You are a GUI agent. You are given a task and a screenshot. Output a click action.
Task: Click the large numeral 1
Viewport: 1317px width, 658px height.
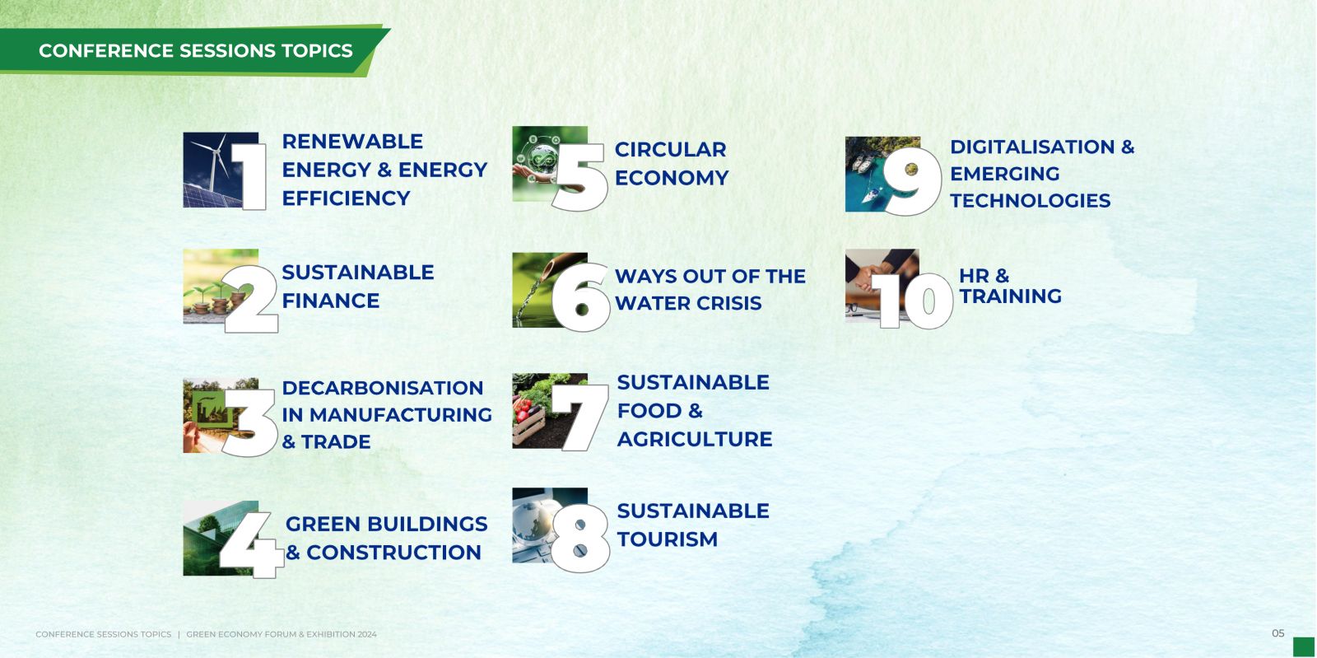coord(250,176)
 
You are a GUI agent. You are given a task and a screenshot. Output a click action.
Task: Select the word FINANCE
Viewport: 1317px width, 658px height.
coord(330,301)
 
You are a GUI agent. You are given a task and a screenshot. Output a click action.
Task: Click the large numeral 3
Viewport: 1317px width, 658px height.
coord(250,422)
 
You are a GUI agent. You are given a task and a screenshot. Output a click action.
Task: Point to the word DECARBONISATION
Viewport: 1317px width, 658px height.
coord(382,388)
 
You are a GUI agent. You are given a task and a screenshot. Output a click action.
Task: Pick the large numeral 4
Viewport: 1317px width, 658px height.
coord(253,544)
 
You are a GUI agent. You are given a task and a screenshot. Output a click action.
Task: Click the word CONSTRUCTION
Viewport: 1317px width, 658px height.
coord(394,553)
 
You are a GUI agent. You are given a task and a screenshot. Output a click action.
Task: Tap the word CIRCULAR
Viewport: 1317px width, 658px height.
coord(670,149)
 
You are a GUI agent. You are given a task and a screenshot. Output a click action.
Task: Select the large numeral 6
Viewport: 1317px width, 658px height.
coord(580,297)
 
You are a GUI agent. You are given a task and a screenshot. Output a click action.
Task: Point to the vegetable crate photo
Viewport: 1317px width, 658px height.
coord(550,411)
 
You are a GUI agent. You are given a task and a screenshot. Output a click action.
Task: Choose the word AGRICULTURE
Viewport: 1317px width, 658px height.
coord(695,439)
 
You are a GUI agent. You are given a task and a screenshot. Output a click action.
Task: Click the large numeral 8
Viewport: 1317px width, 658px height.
coord(580,538)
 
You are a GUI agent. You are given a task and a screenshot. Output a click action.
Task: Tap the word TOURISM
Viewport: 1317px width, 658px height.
coord(668,539)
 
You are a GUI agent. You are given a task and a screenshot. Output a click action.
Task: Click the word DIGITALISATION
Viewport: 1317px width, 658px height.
coord(1032,147)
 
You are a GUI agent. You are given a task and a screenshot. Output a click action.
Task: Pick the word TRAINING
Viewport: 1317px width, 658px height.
coord(1010,296)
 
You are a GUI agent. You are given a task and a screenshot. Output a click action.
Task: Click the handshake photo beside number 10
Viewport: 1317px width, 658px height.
coord(882,286)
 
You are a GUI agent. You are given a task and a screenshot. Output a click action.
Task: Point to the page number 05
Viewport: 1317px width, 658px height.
coord(1278,633)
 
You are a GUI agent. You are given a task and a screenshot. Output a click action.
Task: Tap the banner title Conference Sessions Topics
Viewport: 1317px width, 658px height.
coord(196,50)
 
